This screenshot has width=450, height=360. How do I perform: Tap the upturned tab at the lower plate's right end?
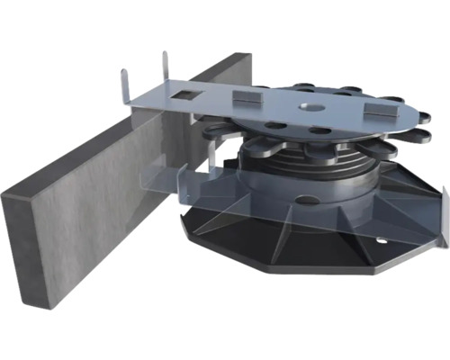443,202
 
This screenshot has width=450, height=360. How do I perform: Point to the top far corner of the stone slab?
247,56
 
